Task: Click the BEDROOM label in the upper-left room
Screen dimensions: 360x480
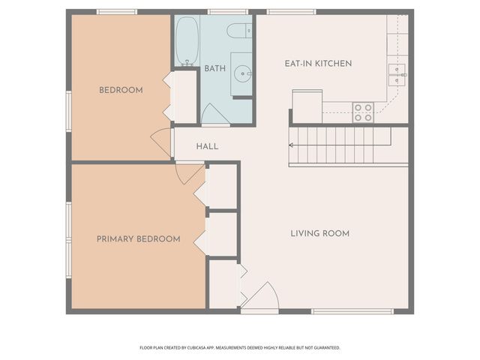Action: click(x=121, y=90)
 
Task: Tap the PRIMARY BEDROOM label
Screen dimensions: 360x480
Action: click(x=138, y=238)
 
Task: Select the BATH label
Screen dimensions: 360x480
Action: click(x=215, y=68)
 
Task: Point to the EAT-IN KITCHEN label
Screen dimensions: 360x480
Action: click(x=318, y=63)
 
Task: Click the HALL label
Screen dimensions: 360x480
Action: click(x=207, y=145)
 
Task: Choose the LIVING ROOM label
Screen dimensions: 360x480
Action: click(x=320, y=233)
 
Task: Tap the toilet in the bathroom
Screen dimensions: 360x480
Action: click(x=239, y=31)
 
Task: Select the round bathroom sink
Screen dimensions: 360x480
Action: click(x=241, y=73)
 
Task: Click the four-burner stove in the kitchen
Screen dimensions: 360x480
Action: click(x=363, y=112)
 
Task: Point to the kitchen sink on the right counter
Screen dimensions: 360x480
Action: click(x=397, y=72)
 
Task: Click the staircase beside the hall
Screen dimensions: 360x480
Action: click(x=341, y=145)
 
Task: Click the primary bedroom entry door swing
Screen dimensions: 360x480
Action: click(x=188, y=172)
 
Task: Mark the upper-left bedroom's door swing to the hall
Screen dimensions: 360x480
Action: click(x=162, y=142)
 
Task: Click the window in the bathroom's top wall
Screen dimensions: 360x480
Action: click(x=228, y=12)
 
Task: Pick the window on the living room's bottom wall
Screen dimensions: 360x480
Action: click(x=352, y=311)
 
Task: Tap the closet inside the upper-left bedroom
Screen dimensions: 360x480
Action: click(x=184, y=95)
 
